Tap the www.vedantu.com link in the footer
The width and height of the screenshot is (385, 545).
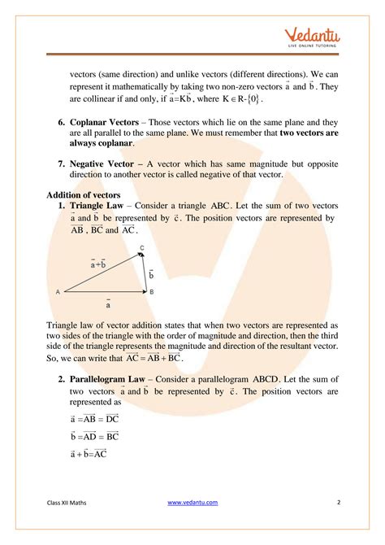(192, 503)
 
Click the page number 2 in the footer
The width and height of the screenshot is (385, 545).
(338, 503)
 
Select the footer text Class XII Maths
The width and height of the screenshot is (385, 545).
(65, 504)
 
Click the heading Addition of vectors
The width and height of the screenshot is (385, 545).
(84, 195)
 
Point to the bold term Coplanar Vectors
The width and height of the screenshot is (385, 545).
(103, 122)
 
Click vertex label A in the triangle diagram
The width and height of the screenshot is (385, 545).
(58, 291)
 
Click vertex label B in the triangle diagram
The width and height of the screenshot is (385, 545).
(152, 291)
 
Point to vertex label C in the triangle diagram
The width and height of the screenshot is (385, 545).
(142, 247)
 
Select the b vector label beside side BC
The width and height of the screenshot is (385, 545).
(151, 274)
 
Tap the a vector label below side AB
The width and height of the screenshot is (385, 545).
(109, 303)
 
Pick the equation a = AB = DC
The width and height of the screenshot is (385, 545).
(95, 419)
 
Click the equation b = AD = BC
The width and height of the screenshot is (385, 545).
(94, 436)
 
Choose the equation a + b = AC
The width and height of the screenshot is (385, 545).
(89, 454)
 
